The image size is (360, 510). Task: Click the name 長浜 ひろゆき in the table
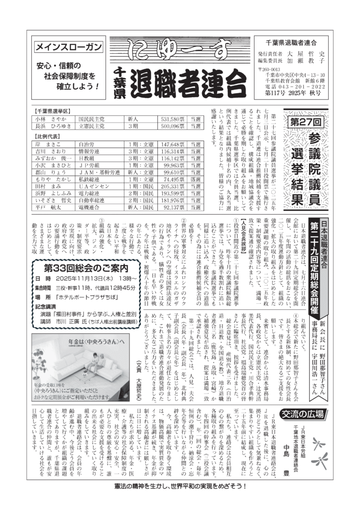click(51, 127)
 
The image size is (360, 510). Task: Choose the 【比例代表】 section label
click(49, 136)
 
